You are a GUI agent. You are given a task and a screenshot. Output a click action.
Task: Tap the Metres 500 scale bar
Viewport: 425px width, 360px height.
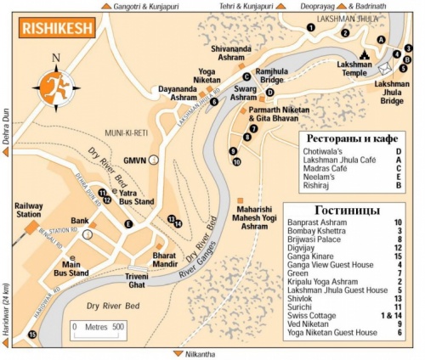click(98, 326)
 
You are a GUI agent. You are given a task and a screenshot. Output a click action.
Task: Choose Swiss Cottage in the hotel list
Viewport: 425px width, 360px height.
click(312, 315)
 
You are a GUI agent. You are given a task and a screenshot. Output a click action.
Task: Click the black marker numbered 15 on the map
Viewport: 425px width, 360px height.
click(32, 335)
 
